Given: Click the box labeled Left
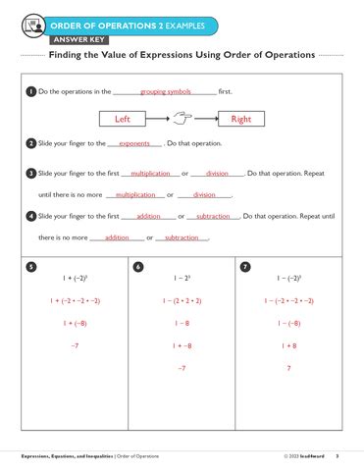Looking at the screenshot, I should coord(123,120).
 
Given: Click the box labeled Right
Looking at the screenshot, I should coord(240,120).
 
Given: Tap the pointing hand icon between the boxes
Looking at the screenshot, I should coord(182,119).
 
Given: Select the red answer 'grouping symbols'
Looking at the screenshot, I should coord(165,91).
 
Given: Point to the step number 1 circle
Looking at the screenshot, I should coord(31,92).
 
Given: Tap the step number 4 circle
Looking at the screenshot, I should coord(31,216).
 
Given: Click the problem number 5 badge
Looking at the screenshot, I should coord(32,266).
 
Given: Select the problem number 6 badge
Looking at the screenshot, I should coord(138,266).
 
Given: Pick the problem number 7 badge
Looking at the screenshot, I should coord(244,266).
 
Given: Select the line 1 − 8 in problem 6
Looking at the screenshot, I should coord(182,323).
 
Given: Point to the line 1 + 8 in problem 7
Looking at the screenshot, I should coord(288,345).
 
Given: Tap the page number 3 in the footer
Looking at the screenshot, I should coord(337,456).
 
